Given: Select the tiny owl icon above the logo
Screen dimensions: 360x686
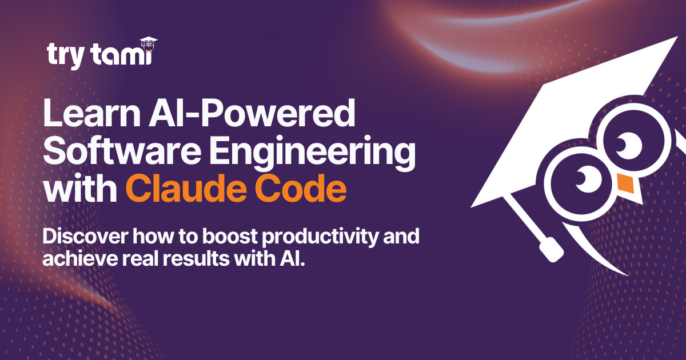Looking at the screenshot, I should tap(148, 43).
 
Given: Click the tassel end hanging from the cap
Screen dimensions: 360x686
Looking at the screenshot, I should tap(551, 249).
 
